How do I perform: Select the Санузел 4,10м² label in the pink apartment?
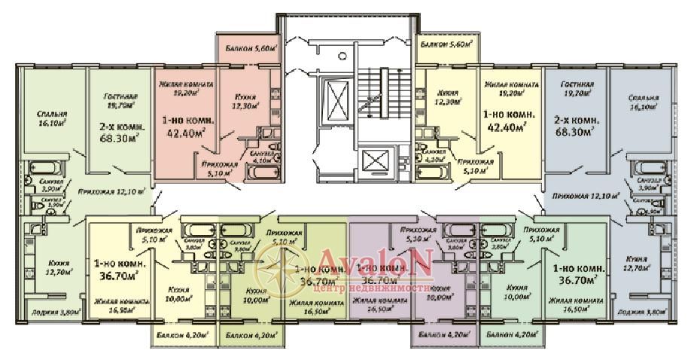point(263,157)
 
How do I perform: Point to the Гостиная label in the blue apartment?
point(577,90)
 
